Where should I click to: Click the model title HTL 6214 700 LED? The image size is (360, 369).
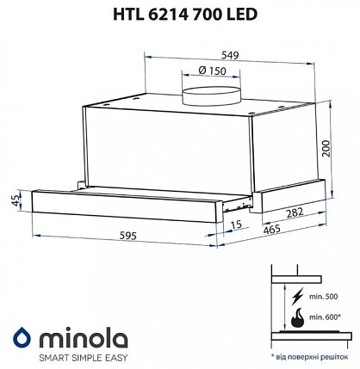(185, 15)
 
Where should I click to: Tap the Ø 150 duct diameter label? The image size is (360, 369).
(212, 71)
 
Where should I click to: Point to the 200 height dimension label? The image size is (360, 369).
(326, 148)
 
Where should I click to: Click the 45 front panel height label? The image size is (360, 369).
(17, 200)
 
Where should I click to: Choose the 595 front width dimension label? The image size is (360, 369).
(127, 236)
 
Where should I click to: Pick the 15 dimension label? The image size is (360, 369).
(237, 224)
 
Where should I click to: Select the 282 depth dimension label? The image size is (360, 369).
(295, 212)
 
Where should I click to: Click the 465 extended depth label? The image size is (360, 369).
(271, 229)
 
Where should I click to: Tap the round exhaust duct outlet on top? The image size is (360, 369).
(212, 96)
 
